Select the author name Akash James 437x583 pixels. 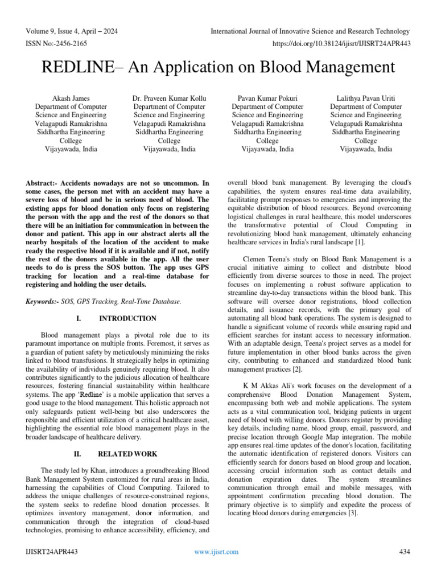tap(71, 98)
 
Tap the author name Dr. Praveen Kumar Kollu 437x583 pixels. tap(169, 98)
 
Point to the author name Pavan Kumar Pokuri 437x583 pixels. tap(267, 98)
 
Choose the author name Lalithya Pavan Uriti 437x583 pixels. tap(366, 98)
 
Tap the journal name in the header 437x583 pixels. tap(310, 31)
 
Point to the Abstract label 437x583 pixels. tap(43, 184)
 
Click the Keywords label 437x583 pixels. tap(43, 301)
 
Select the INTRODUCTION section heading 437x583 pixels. tap(127, 319)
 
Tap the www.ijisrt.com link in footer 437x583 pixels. tap(216, 552)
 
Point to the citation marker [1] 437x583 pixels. tap(358, 243)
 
